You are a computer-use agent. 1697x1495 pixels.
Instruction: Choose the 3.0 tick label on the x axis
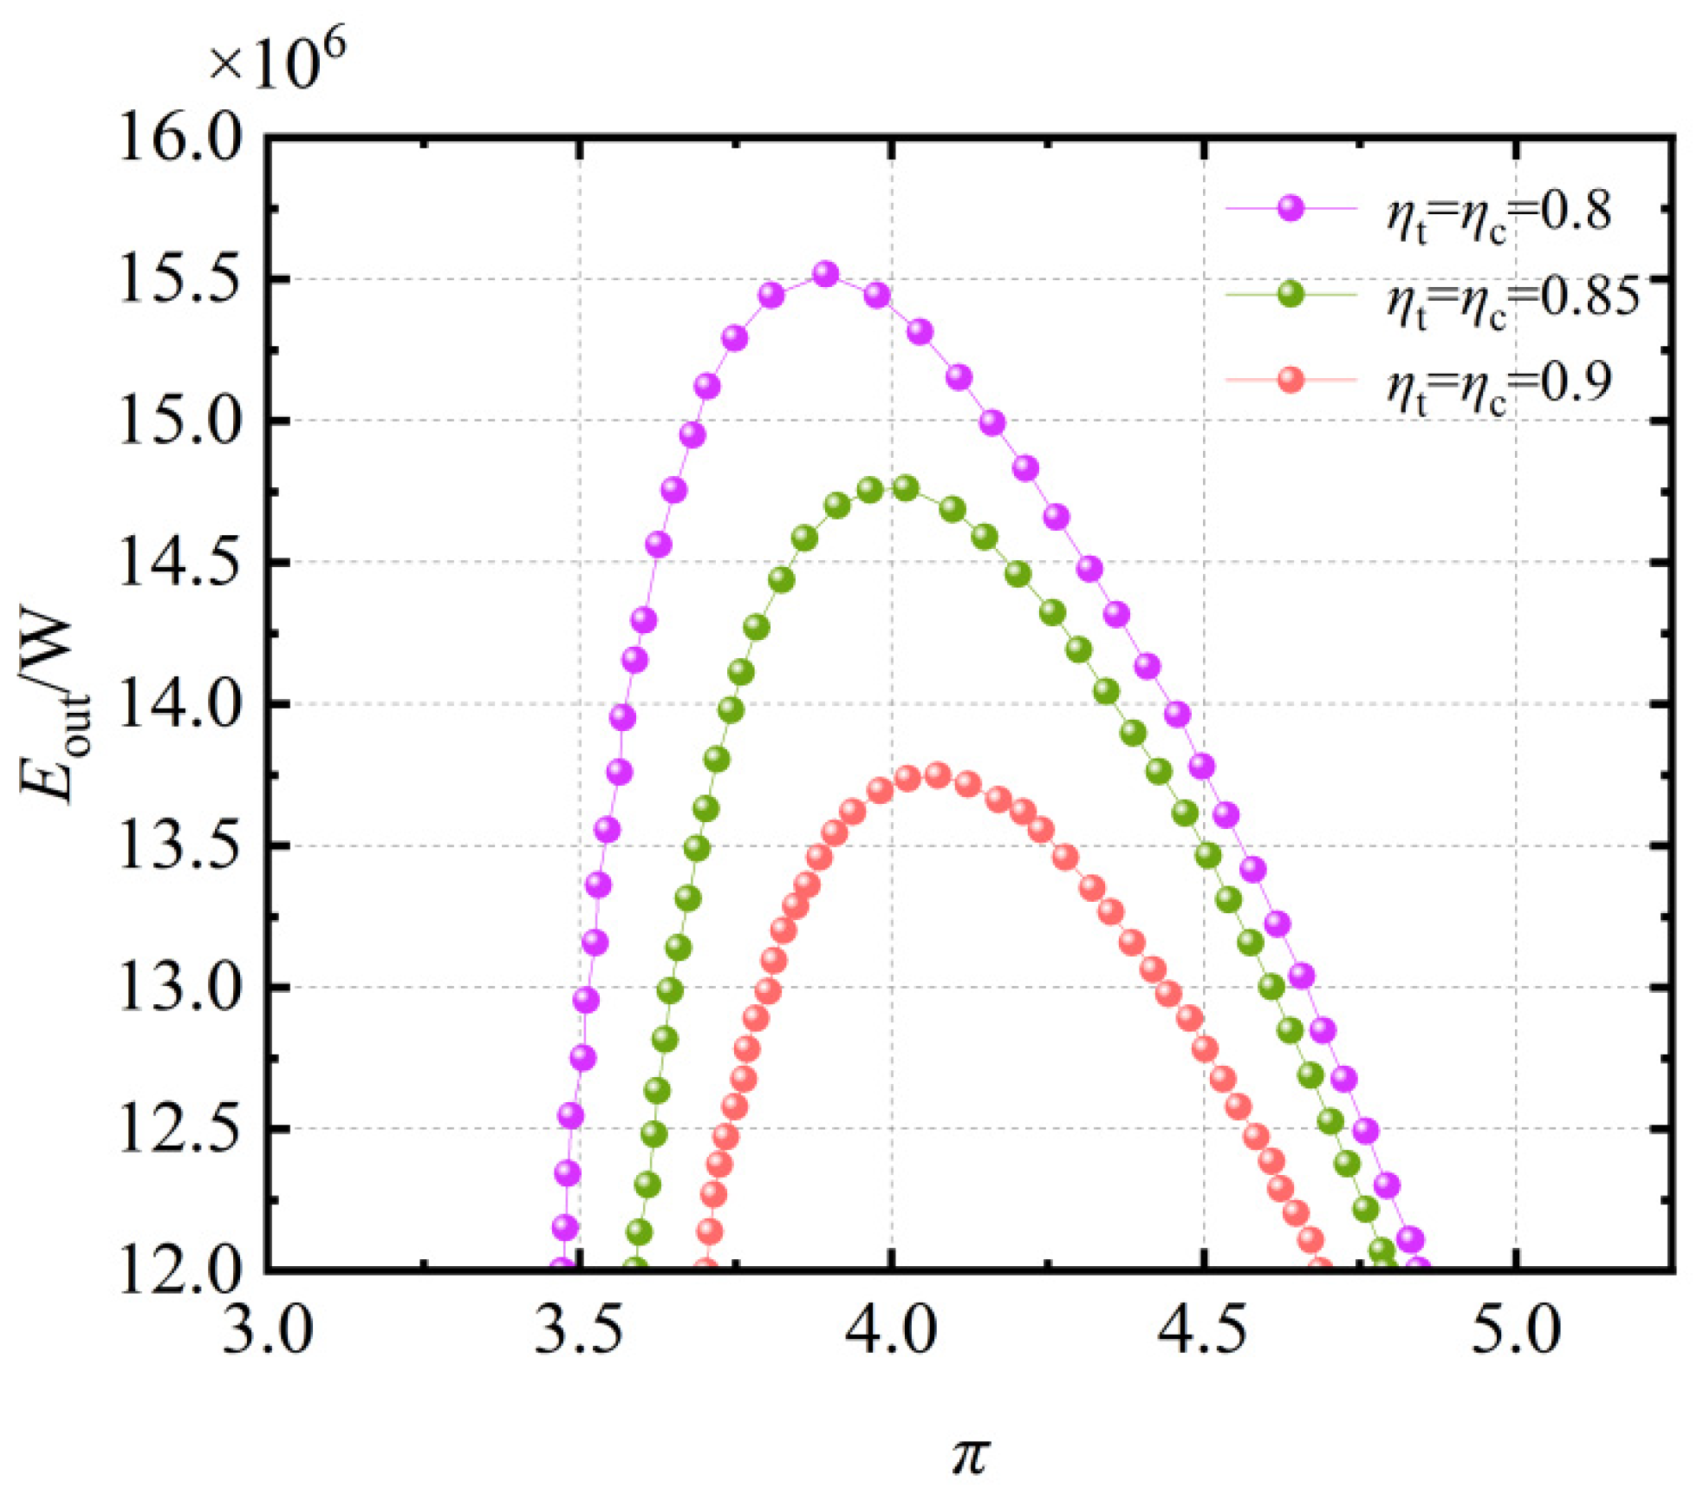click(x=267, y=1330)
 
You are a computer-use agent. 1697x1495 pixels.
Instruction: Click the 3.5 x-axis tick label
click(x=579, y=1330)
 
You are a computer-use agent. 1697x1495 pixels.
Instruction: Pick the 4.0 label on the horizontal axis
click(x=892, y=1330)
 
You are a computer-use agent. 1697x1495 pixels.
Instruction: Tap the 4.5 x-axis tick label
click(x=1204, y=1330)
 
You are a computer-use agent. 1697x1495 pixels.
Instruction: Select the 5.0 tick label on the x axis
click(x=1516, y=1330)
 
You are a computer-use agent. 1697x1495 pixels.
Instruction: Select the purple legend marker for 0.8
click(x=1291, y=209)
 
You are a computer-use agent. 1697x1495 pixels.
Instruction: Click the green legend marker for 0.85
click(x=1291, y=295)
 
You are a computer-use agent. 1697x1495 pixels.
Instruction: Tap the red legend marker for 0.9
click(x=1291, y=380)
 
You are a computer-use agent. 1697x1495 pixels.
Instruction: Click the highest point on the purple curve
click(x=826, y=274)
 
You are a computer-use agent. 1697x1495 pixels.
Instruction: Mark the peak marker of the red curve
click(x=937, y=774)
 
